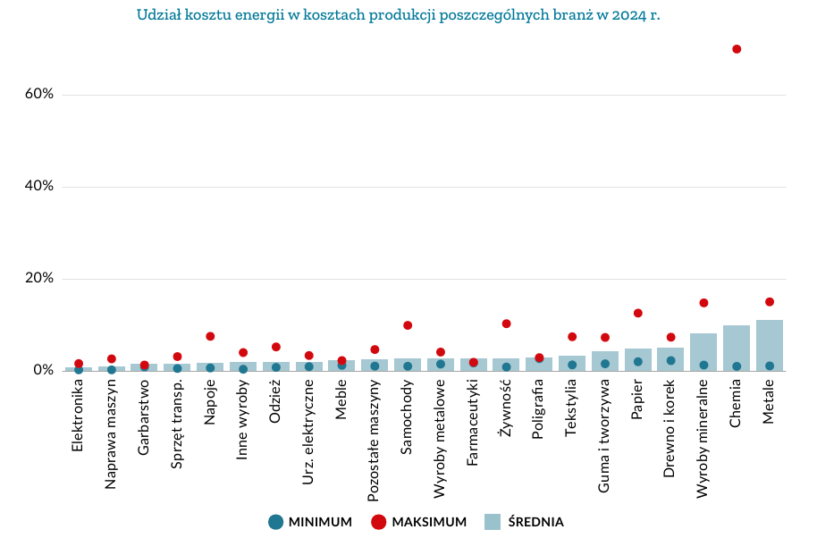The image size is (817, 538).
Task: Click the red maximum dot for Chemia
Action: click(737, 49)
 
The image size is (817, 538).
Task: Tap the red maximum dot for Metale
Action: click(770, 302)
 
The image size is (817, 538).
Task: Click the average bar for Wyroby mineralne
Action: click(703, 352)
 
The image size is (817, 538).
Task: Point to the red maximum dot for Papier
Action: click(638, 314)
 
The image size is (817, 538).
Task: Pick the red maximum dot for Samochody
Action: click(408, 325)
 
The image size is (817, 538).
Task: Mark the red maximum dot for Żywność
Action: click(507, 324)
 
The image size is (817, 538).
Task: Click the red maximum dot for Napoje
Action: click(210, 336)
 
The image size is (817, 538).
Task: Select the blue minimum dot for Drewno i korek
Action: click(671, 361)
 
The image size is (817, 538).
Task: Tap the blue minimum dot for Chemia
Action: click(737, 366)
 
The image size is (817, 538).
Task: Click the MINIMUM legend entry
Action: click(310, 522)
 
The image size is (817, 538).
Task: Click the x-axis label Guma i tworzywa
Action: click(605, 435)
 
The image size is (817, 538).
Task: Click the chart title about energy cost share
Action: click(399, 15)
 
